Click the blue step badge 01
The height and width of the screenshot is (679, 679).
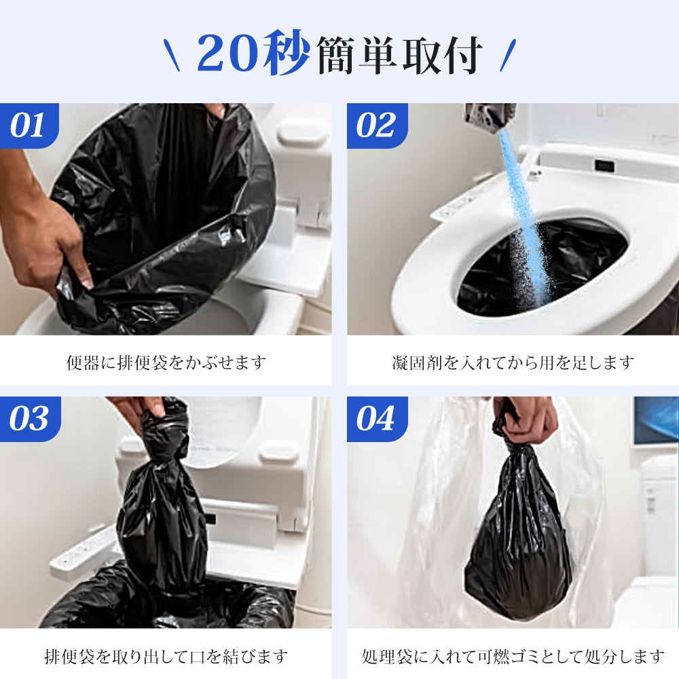tap(29, 126)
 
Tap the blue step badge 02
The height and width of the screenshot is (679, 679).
tap(377, 126)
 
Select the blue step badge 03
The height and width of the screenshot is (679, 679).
tap(29, 419)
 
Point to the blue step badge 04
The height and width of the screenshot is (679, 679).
tap(377, 419)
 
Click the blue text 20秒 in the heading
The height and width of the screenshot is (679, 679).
tap(253, 53)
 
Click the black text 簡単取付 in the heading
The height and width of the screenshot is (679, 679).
tap(399, 55)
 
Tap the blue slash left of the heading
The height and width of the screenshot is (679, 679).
tap(172, 55)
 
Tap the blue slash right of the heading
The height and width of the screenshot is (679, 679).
tap(507, 55)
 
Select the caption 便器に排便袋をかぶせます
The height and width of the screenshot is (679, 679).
tap(166, 363)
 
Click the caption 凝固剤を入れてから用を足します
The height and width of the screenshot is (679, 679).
tap(513, 363)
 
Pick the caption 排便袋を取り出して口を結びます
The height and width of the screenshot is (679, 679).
tap(166, 656)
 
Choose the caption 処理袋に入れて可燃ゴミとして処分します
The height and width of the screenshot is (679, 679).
tap(513, 656)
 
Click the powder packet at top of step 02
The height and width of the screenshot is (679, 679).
tap(490, 115)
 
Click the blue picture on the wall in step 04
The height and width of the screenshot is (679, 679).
tap(656, 421)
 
